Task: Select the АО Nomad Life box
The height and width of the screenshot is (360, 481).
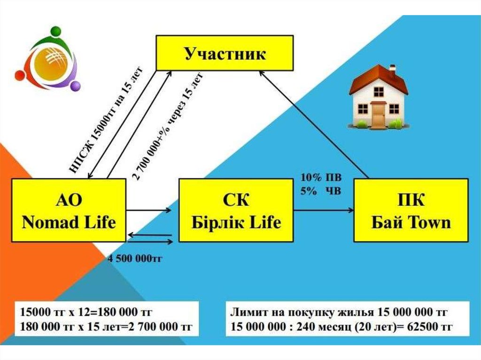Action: pyautogui.click(x=69, y=210)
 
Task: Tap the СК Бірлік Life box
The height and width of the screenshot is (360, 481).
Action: pyautogui.click(x=236, y=210)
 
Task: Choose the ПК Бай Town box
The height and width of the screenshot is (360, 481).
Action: pyautogui.click(x=411, y=210)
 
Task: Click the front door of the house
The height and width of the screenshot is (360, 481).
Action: pyautogui.click(x=378, y=114)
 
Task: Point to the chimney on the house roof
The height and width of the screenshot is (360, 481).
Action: pyautogui.click(x=392, y=70)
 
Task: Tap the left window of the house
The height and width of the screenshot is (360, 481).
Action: pyautogui.click(x=363, y=109)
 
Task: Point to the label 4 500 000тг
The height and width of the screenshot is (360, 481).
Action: pyautogui.click(x=135, y=258)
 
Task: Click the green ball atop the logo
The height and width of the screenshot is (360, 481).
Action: pyautogui.click(x=56, y=31)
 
